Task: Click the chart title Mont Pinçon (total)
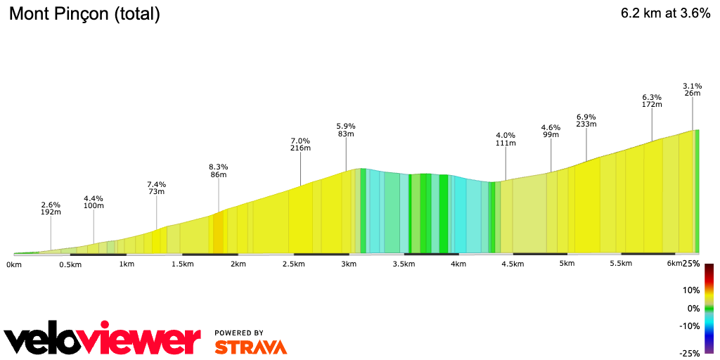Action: (84, 14)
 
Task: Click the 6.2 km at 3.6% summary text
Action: (665, 13)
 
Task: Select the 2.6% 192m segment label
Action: (51, 210)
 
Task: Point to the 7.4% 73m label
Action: (156, 187)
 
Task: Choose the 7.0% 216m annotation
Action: (300, 144)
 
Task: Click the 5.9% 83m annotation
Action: (346, 129)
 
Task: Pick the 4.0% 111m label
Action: (506, 139)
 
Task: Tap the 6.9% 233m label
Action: (586, 120)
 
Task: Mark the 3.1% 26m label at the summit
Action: (692, 89)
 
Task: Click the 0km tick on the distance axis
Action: (14, 264)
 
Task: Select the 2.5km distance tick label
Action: (293, 264)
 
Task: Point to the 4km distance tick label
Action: (458, 264)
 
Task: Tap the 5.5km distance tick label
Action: (620, 264)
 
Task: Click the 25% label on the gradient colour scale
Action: (691, 264)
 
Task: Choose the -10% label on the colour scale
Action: (690, 326)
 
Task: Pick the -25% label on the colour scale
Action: (690, 353)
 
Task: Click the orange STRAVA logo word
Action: (250, 347)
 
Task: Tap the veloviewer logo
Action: (103, 341)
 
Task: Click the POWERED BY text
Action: (239, 333)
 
